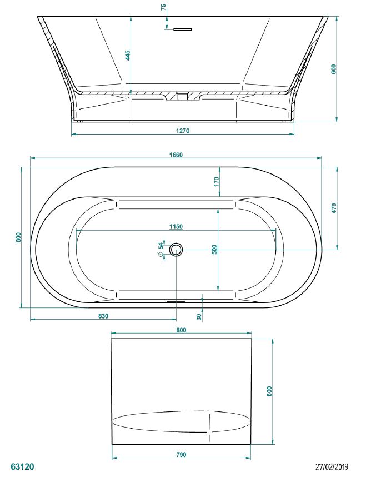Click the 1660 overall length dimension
point(176,155)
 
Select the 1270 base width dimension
point(183,131)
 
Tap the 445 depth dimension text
point(128,56)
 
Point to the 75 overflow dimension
point(164,7)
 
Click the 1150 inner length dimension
point(176,227)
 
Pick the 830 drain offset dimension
point(103,316)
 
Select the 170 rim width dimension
point(217,182)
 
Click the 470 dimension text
point(334,208)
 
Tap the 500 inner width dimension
point(214,250)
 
